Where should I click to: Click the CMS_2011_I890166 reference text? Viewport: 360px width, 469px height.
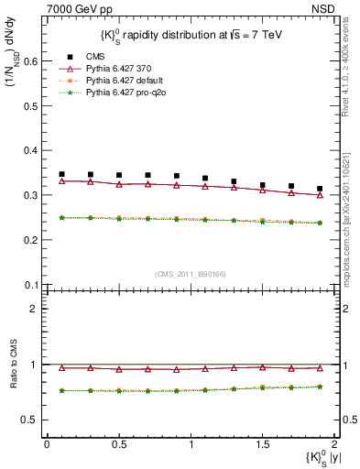pos(190,275)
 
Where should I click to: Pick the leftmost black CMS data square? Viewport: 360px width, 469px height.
pos(61,174)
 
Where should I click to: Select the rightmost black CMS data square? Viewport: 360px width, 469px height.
pos(320,189)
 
